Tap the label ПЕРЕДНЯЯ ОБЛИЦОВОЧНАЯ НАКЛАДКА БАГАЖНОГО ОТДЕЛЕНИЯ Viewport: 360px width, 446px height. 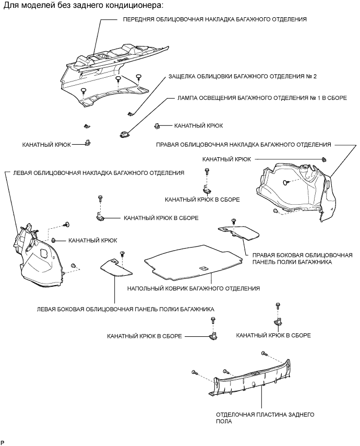pyautogui.click(x=214, y=19)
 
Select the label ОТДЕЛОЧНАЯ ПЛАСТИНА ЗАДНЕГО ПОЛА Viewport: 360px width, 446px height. pyautogui.click(x=265, y=417)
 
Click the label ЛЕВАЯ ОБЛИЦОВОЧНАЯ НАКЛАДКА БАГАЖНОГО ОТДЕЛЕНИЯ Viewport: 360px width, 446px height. pyautogui.click(x=97, y=173)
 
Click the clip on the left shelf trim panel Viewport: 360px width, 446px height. pyautogui.click(x=122, y=254)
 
